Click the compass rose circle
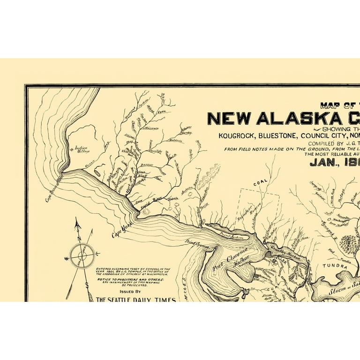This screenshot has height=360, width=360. point(82,255)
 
